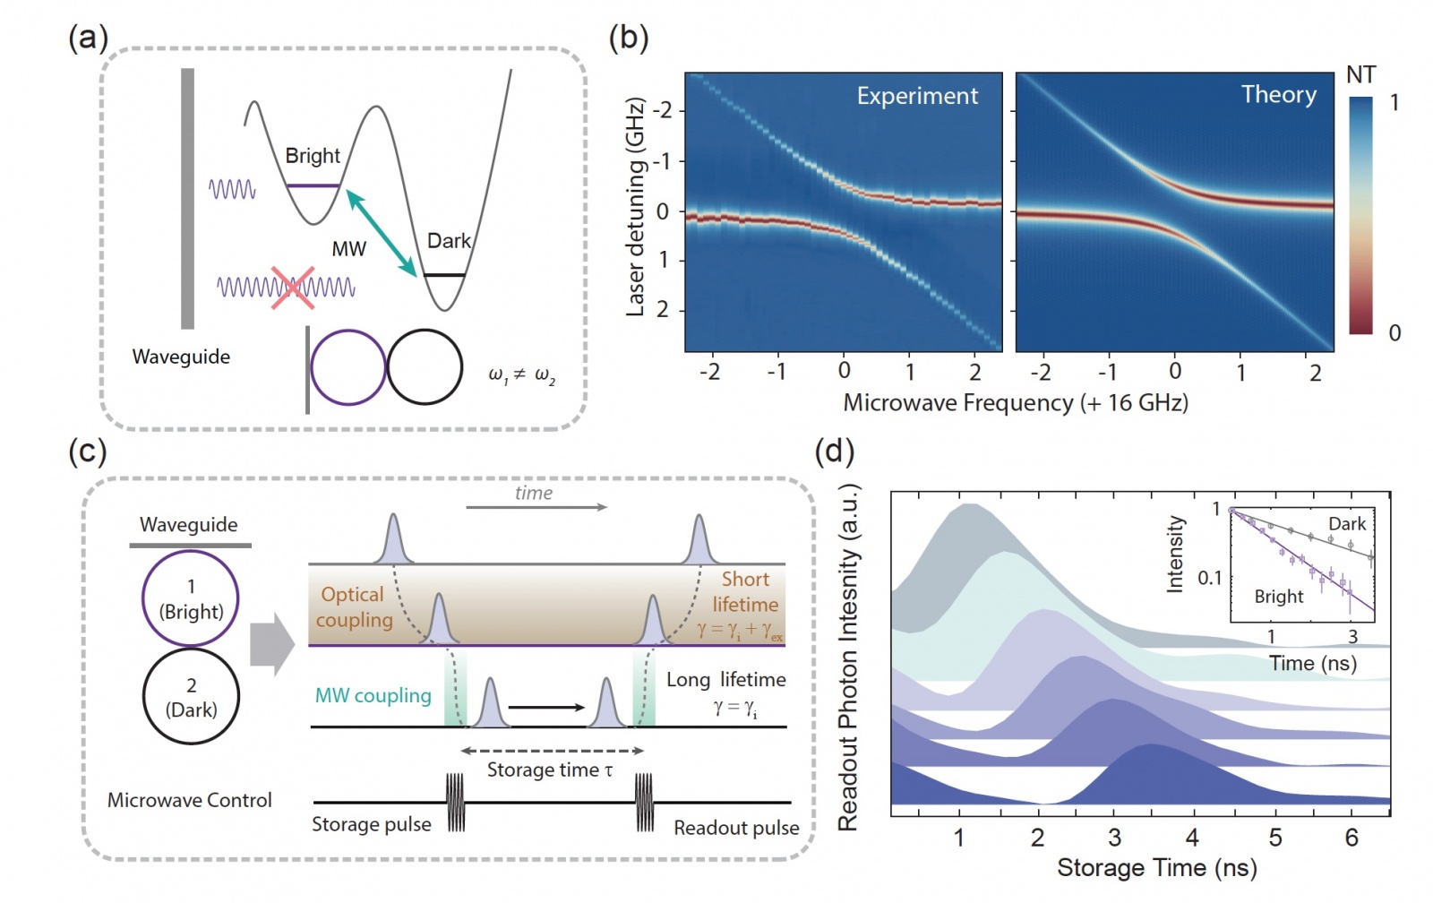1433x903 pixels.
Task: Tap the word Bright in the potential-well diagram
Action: (313, 156)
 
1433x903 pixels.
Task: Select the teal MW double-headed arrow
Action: (382, 233)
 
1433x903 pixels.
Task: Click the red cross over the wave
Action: (293, 288)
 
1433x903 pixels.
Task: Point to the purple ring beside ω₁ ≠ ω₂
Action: (348, 368)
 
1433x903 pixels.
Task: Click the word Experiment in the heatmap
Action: (917, 96)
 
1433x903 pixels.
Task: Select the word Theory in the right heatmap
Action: (1278, 94)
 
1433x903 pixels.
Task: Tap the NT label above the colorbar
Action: (1360, 75)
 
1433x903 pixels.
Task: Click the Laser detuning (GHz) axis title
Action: (635, 207)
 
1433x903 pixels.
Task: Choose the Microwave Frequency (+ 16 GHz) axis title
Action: (1016, 403)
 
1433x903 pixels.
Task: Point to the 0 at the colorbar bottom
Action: (1394, 333)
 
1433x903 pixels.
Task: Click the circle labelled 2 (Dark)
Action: (191, 697)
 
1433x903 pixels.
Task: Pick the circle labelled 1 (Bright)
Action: (191, 598)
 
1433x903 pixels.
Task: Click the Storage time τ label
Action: (550, 770)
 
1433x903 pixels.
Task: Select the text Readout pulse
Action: (736, 828)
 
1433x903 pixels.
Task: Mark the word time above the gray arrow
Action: (534, 493)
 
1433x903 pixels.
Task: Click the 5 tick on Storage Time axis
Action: (1274, 838)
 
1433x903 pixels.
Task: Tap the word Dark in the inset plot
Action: (1346, 524)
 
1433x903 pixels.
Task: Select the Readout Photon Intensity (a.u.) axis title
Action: (848, 658)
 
